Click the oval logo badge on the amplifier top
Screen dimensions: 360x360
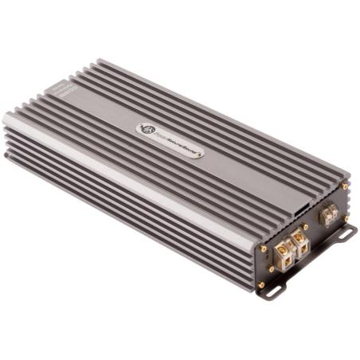[x=169, y=140]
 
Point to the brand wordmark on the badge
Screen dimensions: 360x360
[x=176, y=143]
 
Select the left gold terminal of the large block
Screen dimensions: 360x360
[x=283, y=248]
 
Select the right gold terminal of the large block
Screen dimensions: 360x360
[x=299, y=237]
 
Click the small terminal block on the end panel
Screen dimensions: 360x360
[x=327, y=213]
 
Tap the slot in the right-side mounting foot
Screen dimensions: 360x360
[x=344, y=234]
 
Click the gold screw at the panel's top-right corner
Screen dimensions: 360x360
[x=345, y=186]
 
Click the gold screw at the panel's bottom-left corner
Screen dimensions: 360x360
[x=260, y=284]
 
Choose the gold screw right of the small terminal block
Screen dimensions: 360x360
[x=346, y=218]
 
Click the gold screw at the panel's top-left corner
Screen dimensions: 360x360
[x=264, y=248]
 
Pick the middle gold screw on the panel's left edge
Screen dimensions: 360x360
[x=271, y=268]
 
